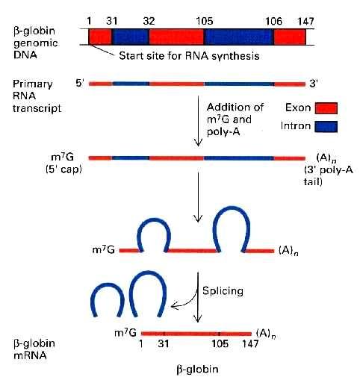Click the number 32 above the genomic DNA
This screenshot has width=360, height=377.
pos(149,21)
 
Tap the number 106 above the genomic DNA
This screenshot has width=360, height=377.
pos(273,21)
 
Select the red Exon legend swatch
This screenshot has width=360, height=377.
pos(326,108)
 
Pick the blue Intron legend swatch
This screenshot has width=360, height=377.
pos(326,126)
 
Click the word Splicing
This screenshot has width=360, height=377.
pos(223,291)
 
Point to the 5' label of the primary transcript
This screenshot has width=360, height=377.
pos(79,83)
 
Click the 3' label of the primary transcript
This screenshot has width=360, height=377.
pos(314,84)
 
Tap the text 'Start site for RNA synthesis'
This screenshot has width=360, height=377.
pos(189,56)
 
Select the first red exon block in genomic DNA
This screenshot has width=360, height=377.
pos(100,37)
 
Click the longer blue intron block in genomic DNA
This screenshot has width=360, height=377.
pos(239,37)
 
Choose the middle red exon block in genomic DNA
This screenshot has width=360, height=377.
pos(176,37)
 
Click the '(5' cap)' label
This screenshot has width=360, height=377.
pos(63,169)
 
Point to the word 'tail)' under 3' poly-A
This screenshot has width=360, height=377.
pos(313,181)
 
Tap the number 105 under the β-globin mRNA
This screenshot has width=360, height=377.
pos(220,344)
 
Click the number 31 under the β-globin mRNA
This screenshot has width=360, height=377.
pos(164,344)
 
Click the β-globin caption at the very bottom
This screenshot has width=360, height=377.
pos(197,369)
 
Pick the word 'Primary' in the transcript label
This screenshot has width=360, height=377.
pos(33,84)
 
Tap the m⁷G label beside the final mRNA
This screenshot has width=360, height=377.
pos(125,333)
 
